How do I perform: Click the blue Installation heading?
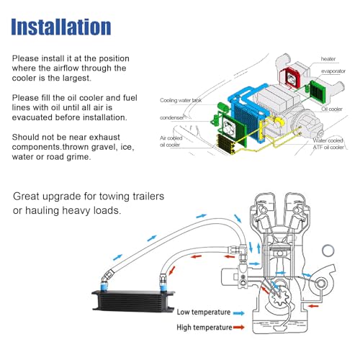click(x=61, y=27)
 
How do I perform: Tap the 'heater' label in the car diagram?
click(x=328, y=59)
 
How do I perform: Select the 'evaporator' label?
click(x=333, y=71)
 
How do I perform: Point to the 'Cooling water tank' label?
click(x=181, y=100)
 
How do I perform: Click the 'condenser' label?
click(x=172, y=117)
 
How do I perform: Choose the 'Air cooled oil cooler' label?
click(x=171, y=141)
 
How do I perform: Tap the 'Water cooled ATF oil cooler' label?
click(x=328, y=144)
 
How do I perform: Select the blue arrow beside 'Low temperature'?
click(x=238, y=313)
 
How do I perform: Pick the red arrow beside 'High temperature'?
click(x=238, y=327)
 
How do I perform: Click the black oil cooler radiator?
click(x=133, y=301)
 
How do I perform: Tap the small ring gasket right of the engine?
click(x=328, y=251)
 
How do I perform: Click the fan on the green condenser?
click(x=229, y=127)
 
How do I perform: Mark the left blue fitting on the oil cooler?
click(x=104, y=286)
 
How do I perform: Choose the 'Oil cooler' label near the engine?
click(x=332, y=109)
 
